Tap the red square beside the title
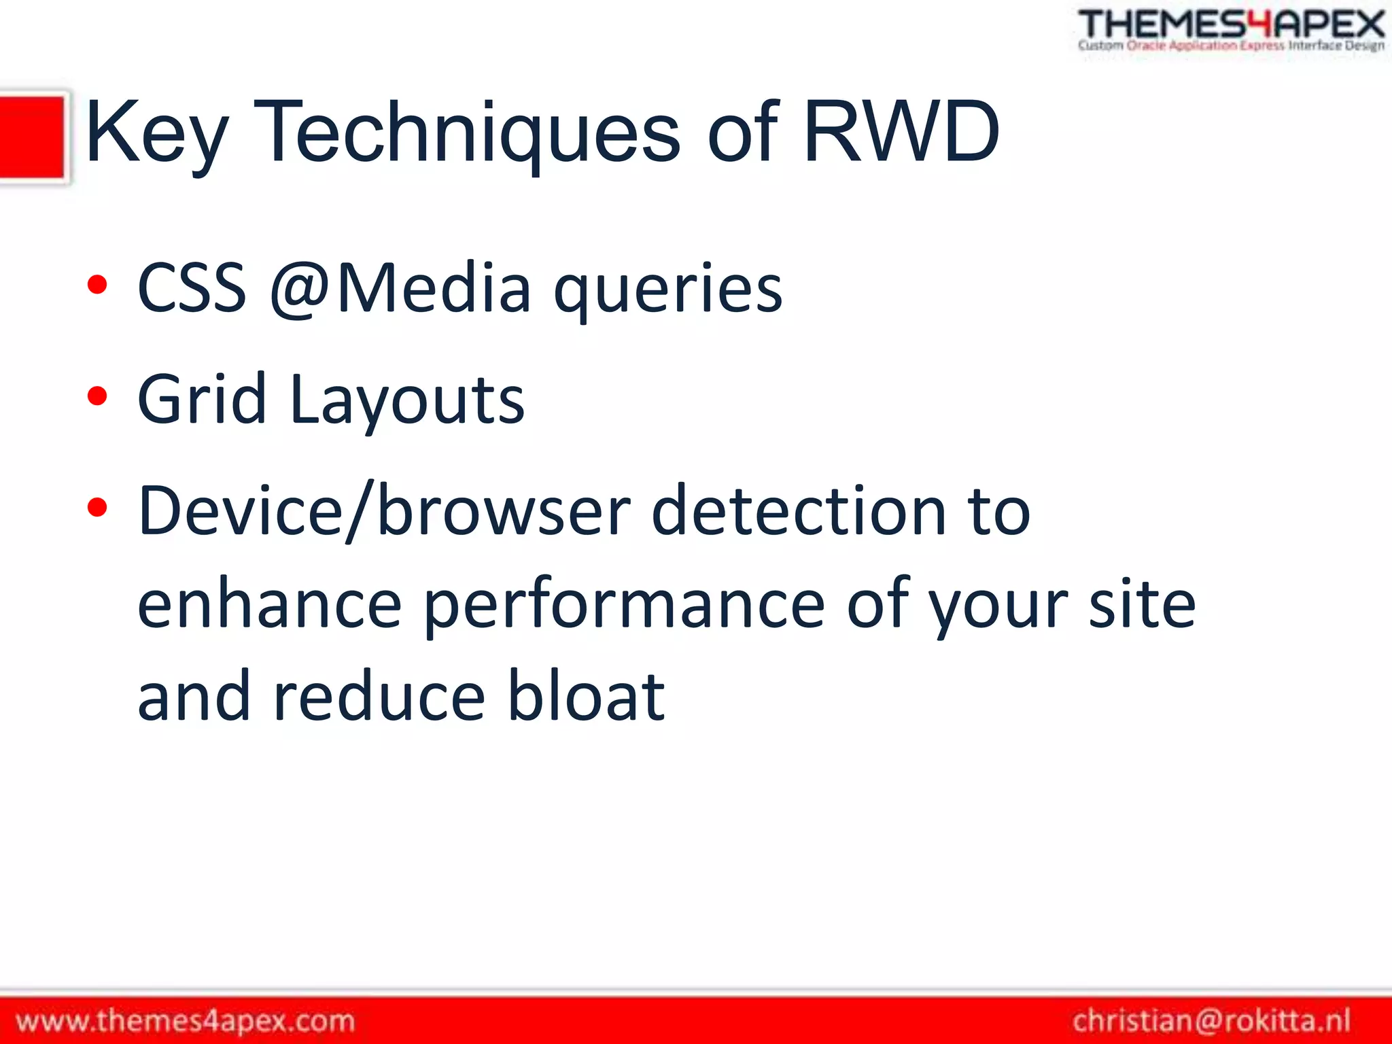[32, 137]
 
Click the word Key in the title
[156, 133]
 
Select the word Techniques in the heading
[469, 133]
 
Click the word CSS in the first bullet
[192, 288]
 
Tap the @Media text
[400, 288]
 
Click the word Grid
[201, 400]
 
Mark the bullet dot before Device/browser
[97, 507]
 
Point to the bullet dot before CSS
[97, 284]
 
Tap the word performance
[624, 605]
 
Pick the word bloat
[586, 696]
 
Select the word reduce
[379, 696]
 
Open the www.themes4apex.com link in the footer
[186, 1021]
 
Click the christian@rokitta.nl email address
[1212, 1021]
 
